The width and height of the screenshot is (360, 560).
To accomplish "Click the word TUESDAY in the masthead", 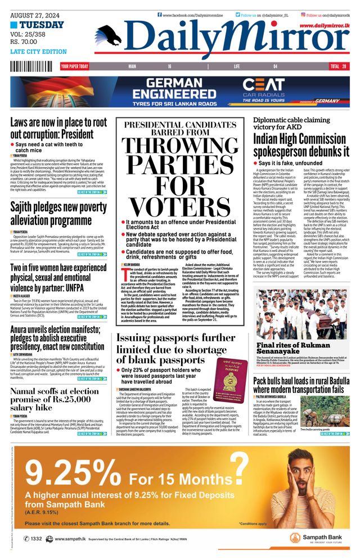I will tap(42, 25).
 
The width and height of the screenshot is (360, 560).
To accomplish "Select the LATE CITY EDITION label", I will tap(38, 52).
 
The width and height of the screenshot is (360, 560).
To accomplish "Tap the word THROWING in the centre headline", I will tap(183, 148).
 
